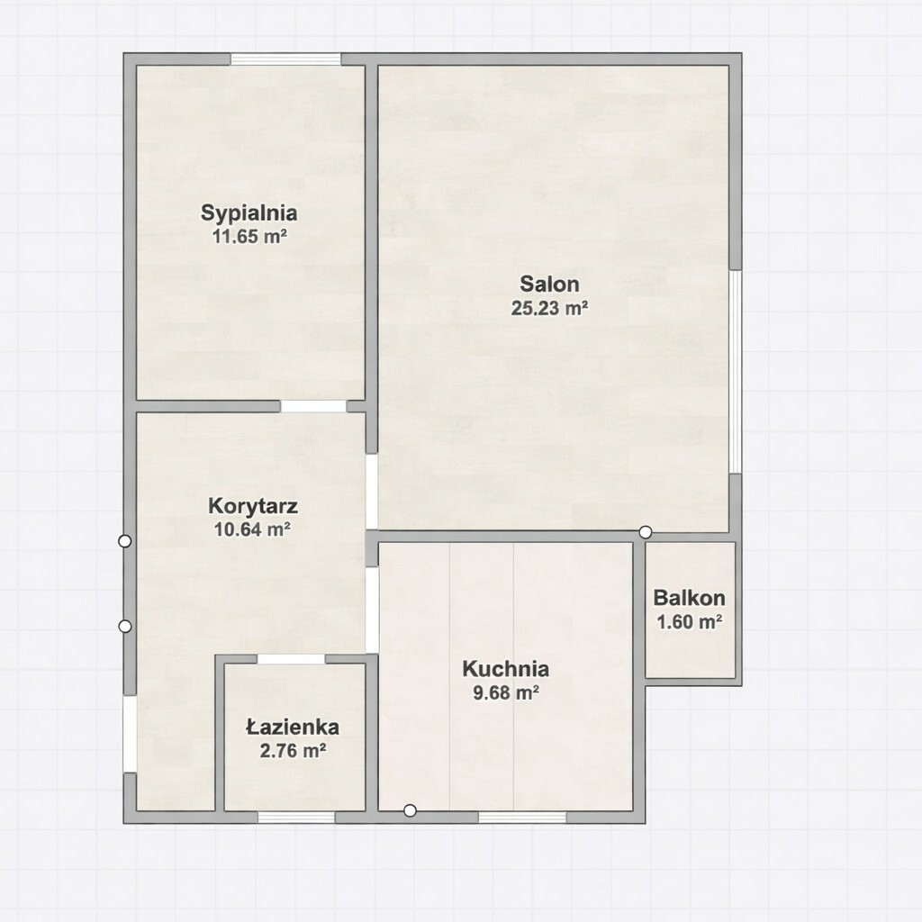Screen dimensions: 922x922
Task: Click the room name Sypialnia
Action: [x=249, y=212]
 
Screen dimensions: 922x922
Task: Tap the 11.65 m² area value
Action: [x=249, y=237]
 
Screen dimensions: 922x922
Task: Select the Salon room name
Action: [x=550, y=284]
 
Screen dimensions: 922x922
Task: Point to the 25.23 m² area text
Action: [x=550, y=308]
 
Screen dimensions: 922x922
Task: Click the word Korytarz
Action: [x=253, y=506]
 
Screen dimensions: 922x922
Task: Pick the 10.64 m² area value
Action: [x=252, y=529]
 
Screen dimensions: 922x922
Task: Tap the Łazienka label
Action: [x=293, y=728]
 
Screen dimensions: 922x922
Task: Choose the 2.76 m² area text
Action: [x=293, y=751]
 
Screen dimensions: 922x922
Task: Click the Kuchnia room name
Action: [x=506, y=669]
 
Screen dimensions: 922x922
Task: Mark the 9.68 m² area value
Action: [x=506, y=692]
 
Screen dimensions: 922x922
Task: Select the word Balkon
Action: [x=689, y=598]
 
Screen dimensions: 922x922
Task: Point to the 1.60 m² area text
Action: [x=689, y=621]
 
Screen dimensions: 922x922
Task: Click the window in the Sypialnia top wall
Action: [x=285, y=59]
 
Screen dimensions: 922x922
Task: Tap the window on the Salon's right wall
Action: [x=735, y=372]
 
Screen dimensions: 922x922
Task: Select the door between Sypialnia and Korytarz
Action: [x=313, y=406]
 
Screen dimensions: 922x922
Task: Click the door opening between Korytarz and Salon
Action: [x=372, y=491]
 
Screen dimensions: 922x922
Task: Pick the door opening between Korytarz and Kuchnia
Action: [x=372, y=610]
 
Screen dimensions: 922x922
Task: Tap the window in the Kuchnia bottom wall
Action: [x=522, y=818]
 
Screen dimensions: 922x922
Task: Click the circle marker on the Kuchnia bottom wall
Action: [x=410, y=811]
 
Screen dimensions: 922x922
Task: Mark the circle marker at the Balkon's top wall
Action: [x=645, y=532]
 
